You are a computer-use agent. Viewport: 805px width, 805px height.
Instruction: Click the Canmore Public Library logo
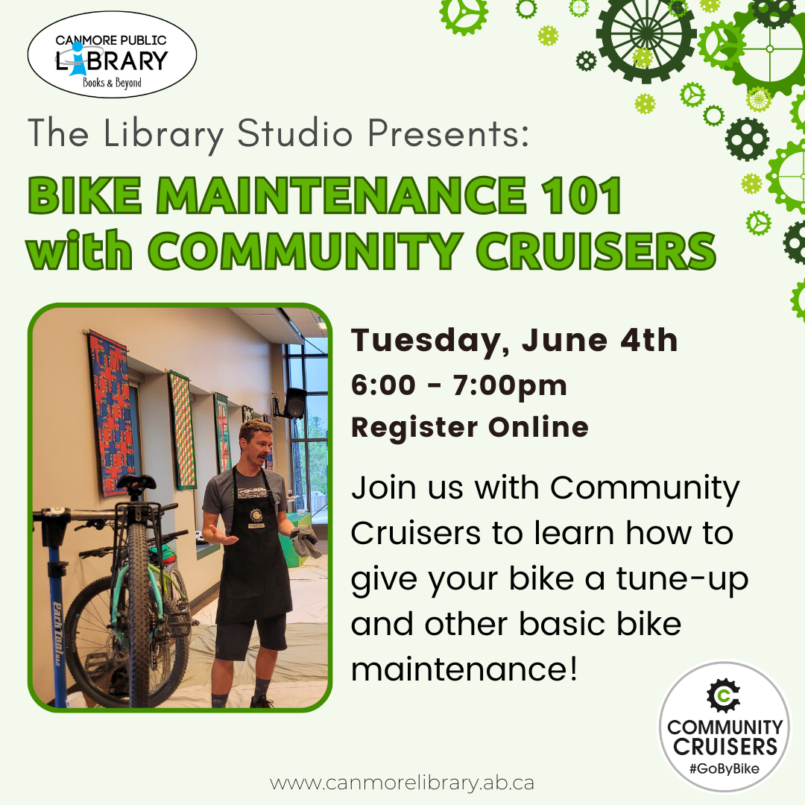[112, 54]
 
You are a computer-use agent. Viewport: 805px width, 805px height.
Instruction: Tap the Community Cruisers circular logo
[724, 726]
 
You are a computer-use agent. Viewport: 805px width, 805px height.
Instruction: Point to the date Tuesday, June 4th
[514, 341]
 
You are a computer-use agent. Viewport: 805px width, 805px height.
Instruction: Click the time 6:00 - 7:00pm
[459, 386]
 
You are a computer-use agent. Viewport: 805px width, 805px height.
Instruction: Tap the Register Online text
[470, 427]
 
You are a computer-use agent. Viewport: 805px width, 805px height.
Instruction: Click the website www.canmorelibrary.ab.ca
[402, 783]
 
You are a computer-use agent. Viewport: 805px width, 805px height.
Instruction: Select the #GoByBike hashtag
[724, 768]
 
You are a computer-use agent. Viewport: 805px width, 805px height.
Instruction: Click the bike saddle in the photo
[136, 482]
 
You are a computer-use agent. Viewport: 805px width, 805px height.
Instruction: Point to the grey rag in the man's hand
[306, 541]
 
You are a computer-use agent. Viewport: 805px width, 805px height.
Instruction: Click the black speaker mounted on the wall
[295, 403]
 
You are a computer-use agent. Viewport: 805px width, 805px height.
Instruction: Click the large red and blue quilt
[113, 413]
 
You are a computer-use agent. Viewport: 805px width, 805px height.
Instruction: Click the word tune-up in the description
[682, 580]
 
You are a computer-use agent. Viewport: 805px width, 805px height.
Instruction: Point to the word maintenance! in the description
[464, 669]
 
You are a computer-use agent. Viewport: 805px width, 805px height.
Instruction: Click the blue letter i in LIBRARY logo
[77, 59]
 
